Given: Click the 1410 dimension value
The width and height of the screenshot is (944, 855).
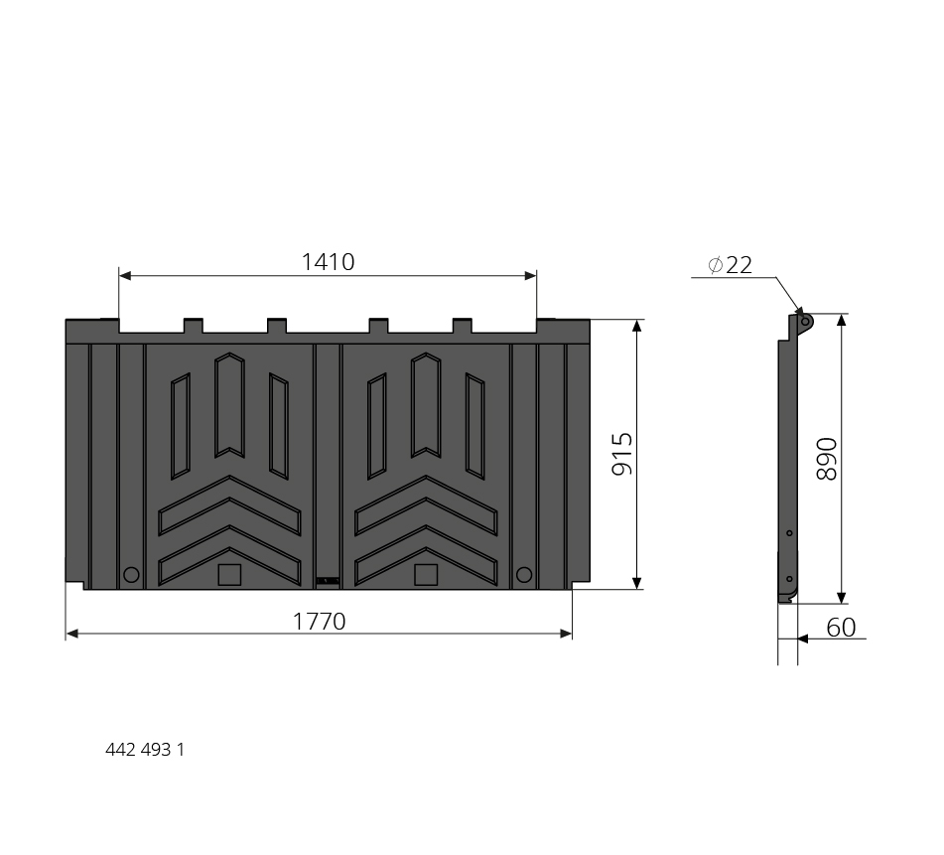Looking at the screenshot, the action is pos(328,262).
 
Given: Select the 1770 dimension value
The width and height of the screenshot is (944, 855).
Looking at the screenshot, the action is pos(319,622).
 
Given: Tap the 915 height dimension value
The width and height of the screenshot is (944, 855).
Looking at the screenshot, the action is pos(622,454).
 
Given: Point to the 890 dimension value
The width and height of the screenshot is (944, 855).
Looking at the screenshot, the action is pos(827,459).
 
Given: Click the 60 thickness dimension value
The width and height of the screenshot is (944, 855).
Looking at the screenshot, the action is pos(841,628).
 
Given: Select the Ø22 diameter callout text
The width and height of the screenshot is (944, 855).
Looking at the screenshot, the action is pos(731,265).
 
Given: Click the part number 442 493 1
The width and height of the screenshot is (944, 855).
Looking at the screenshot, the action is pos(145,750).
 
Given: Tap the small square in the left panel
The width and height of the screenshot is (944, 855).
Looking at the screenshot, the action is pos(229,574).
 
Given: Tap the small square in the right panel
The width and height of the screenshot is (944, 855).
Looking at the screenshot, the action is pos(426,574).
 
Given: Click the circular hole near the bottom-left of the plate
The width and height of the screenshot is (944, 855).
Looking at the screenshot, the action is pos(131,574).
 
